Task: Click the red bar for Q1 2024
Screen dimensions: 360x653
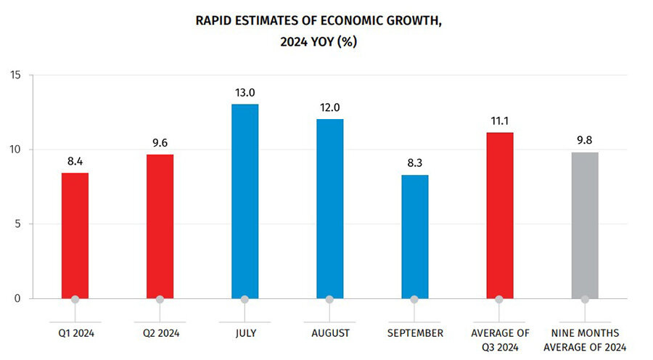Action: tap(75, 235)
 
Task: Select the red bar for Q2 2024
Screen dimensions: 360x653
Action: tap(160, 226)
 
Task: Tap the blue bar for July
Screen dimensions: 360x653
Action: tap(245, 201)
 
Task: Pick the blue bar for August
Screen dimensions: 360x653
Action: tap(329, 208)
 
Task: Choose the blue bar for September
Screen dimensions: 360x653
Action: tap(414, 236)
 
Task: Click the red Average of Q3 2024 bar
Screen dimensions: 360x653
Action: tap(499, 215)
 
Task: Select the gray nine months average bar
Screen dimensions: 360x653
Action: tap(585, 225)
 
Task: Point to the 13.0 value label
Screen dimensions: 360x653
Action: tap(245, 93)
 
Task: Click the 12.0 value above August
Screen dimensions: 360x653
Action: tap(329, 107)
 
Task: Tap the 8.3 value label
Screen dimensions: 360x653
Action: tap(414, 163)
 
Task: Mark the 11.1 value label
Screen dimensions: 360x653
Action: tap(499, 121)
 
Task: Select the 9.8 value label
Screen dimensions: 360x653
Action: tap(585, 141)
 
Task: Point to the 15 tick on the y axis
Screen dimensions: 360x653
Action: tap(16, 75)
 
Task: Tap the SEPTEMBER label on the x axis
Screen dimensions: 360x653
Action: tap(414, 333)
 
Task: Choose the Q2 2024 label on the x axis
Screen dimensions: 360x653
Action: tap(160, 333)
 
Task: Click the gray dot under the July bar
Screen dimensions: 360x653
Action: tap(245, 299)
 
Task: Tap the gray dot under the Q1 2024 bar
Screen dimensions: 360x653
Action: tap(75, 299)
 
